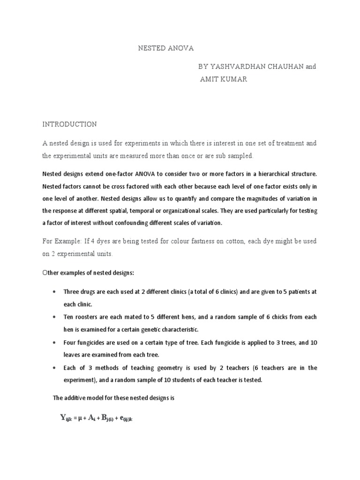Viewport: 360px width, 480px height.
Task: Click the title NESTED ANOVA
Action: point(165,48)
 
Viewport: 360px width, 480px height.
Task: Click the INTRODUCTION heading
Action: point(70,124)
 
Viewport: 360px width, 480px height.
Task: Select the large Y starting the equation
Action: point(63,418)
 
